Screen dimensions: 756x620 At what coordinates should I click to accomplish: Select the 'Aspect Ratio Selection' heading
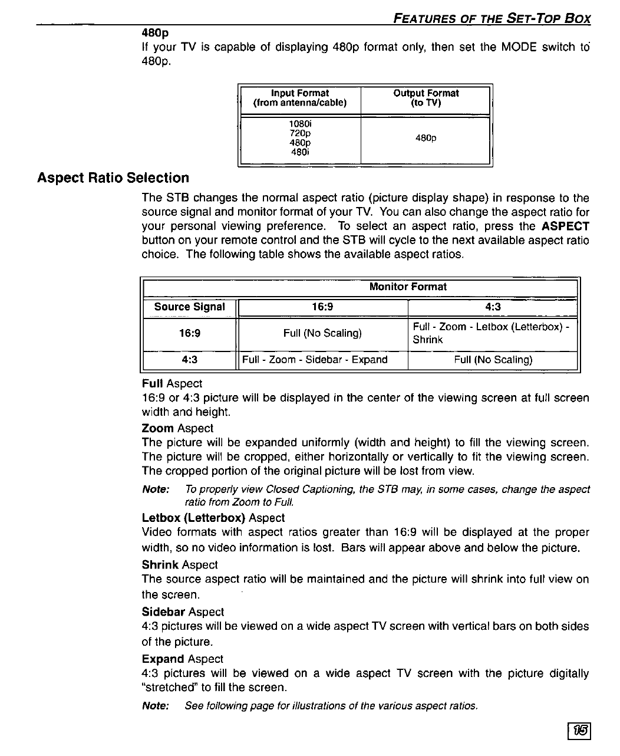(113, 178)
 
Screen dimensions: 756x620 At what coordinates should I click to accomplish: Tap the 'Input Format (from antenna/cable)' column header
(299, 98)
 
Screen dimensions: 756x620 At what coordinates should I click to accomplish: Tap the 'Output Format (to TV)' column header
(426, 98)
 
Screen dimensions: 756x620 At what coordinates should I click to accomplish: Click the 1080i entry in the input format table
(300, 124)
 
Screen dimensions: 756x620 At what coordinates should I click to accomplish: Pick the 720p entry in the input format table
(300, 133)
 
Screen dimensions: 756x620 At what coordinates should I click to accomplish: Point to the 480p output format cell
(426, 139)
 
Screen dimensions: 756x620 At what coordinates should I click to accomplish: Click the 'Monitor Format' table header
(407, 287)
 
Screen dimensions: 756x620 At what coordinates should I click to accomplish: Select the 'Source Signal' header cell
(189, 307)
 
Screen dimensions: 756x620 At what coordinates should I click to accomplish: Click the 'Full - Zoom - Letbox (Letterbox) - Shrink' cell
(491, 333)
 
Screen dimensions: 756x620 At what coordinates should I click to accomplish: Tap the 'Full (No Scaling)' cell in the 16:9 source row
(322, 333)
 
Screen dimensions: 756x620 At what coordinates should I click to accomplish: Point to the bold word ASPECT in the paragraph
(565, 226)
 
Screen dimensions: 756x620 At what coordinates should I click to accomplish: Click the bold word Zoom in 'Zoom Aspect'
(157, 429)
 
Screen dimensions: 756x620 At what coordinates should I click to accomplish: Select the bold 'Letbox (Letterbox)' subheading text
(193, 518)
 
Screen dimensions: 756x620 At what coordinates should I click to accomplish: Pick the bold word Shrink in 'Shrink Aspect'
(160, 565)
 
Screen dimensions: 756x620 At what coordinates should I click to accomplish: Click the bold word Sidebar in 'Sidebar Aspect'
(163, 612)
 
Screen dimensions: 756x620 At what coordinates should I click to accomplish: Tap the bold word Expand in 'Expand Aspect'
(163, 659)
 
